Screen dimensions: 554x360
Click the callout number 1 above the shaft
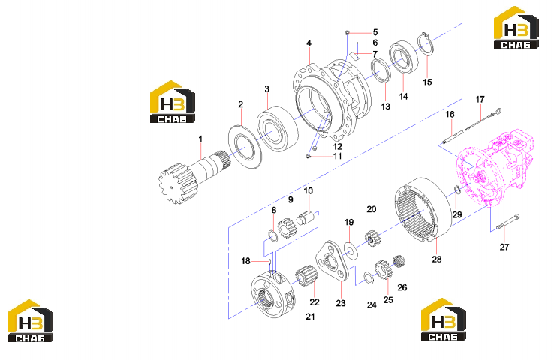pyautogui.click(x=200, y=139)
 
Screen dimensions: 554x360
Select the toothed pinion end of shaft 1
pyautogui.click(x=176, y=183)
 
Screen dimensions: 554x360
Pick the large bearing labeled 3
pyautogui.click(x=278, y=128)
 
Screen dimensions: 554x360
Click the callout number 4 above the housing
pyautogui.click(x=309, y=43)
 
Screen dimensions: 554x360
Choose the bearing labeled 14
pyautogui.click(x=404, y=57)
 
